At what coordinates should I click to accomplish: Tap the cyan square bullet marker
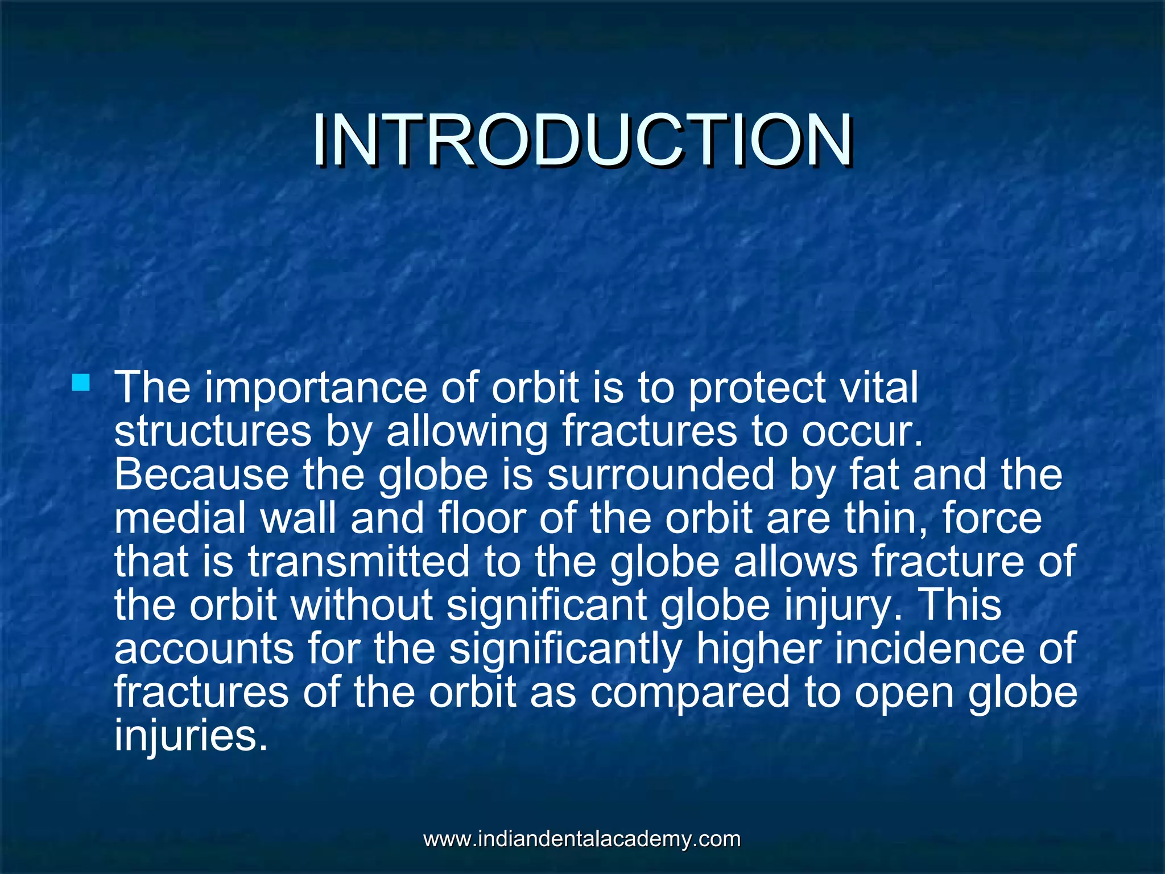tap(81, 382)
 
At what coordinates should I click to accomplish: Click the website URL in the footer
tap(582, 839)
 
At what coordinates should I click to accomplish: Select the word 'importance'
tap(316, 387)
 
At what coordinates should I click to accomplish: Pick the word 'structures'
tap(213, 431)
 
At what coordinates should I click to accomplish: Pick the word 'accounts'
tap(204, 649)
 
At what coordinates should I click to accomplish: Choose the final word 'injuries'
tap(190, 736)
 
